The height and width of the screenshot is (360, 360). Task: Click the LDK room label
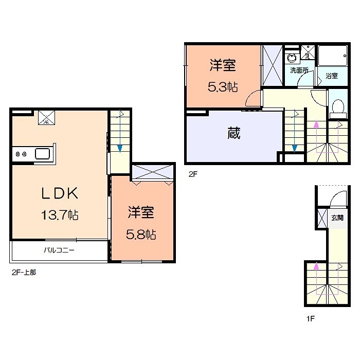(60, 194)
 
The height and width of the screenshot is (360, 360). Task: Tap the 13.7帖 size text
(60, 215)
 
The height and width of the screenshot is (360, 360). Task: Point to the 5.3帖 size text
(223, 86)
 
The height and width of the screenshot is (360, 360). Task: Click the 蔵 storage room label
(234, 134)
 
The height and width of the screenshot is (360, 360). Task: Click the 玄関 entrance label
(337, 218)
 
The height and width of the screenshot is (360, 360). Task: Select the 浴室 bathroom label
(332, 76)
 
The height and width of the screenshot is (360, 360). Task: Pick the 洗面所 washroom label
(299, 70)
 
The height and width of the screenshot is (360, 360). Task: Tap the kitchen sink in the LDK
(41, 153)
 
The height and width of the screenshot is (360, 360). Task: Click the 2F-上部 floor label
(24, 272)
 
